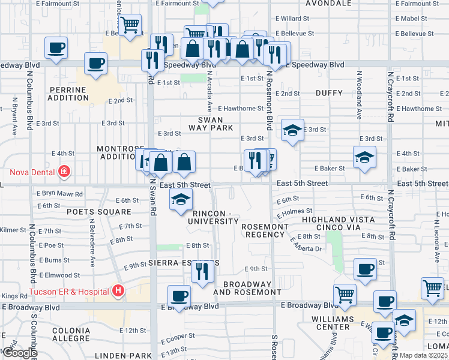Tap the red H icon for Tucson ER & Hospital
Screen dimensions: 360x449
pos(118,292)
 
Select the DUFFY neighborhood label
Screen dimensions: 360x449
pos(328,93)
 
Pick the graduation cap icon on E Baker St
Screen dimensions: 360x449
pos(364,158)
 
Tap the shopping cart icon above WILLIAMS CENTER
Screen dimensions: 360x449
pos(345,295)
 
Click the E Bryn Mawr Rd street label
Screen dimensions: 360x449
pos(59,194)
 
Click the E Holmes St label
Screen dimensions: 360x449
pos(294,211)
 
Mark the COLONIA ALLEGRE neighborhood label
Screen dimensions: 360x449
pos(71,335)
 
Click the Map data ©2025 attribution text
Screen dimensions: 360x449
pos(424,355)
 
